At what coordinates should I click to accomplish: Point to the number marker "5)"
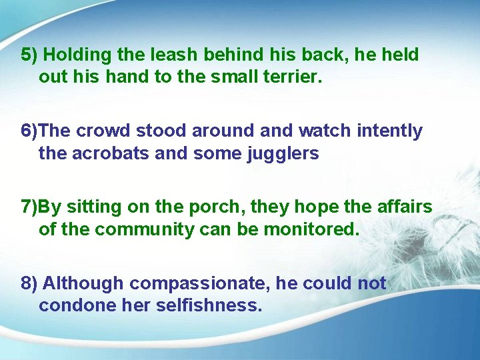(x=29, y=55)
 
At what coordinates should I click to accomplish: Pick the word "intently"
(x=389, y=131)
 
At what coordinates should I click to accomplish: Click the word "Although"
(x=83, y=283)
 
